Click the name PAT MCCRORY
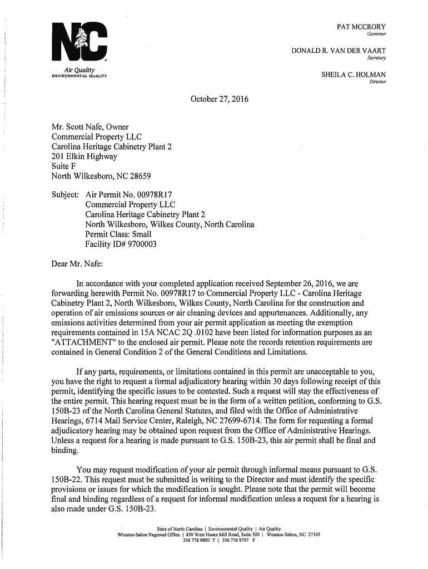(361, 27)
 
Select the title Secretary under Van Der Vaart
(376, 58)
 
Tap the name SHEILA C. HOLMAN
(354, 74)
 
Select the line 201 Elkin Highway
(84, 157)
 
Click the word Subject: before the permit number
(66, 195)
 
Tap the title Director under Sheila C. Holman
(377, 83)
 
